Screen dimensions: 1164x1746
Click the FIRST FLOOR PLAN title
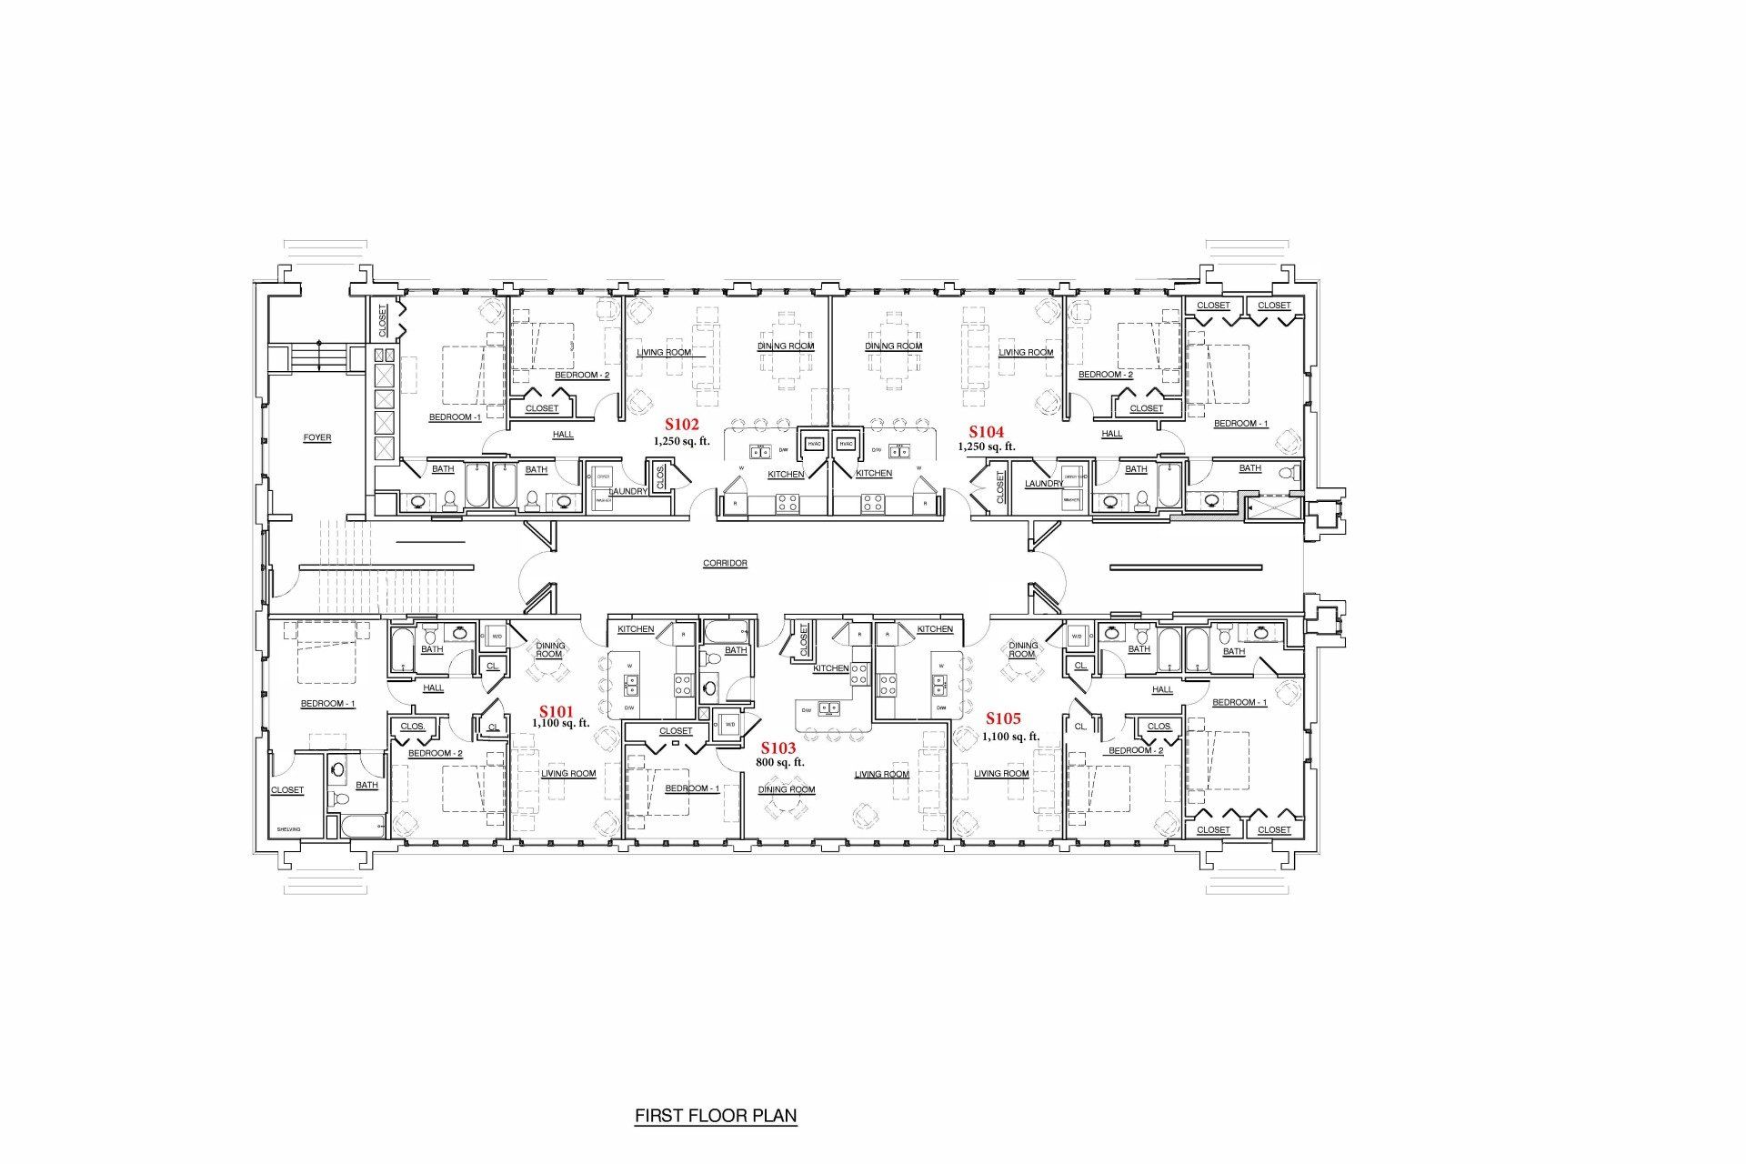click(x=715, y=1115)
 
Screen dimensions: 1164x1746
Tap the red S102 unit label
click(x=681, y=424)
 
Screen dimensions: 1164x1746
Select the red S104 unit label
click(x=986, y=432)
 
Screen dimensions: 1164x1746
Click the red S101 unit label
click(x=557, y=711)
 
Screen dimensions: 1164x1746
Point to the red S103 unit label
click(x=778, y=748)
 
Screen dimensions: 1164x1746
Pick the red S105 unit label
click(x=1003, y=718)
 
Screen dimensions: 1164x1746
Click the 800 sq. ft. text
click(x=779, y=762)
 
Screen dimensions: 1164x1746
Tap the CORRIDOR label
click(x=725, y=564)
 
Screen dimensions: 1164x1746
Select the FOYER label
click(x=317, y=438)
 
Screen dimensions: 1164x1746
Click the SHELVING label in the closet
click(x=288, y=829)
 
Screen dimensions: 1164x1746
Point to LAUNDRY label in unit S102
click(x=627, y=491)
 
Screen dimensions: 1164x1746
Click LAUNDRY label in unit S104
click(x=1043, y=484)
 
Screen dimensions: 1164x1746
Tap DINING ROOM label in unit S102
click(x=786, y=346)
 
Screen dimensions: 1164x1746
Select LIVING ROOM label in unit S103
click(x=881, y=775)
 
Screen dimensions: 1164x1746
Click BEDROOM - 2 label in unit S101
click(x=435, y=754)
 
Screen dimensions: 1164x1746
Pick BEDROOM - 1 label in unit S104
click(x=1240, y=424)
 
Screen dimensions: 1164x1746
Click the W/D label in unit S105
click(x=1077, y=637)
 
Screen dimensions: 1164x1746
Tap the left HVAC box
click(x=814, y=445)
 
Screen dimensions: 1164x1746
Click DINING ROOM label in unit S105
click(x=1022, y=649)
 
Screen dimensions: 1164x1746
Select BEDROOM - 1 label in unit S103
click(x=692, y=788)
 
